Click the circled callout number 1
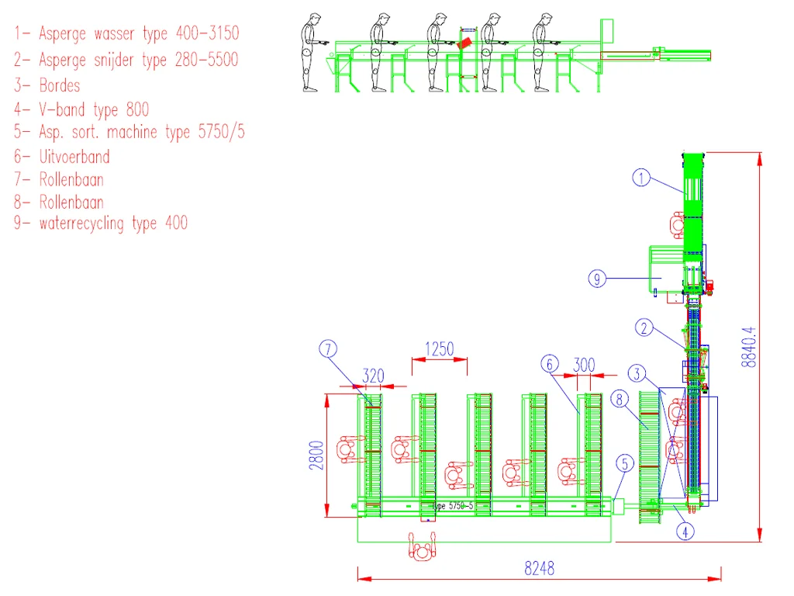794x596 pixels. coord(641,178)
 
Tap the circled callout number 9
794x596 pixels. coord(597,279)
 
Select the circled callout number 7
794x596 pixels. coord(328,348)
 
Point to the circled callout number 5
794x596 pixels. coord(625,464)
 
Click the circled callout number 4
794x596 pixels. coord(685,532)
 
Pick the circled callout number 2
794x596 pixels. coord(644,328)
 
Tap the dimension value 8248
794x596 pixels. coord(540,568)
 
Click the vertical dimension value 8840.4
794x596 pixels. coord(748,347)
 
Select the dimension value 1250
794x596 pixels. coord(439,349)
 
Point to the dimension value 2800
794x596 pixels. coord(316,455)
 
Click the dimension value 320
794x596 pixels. coord(373,376)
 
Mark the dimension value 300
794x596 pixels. coord(584,365)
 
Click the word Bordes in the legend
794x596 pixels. coord(60,85)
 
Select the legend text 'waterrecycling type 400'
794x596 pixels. coord(113,223)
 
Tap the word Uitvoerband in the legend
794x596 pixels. coord(74,157)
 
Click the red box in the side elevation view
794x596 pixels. coord(465,43)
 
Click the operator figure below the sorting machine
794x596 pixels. coord(423,547)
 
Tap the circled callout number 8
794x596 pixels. coord(620,400)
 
